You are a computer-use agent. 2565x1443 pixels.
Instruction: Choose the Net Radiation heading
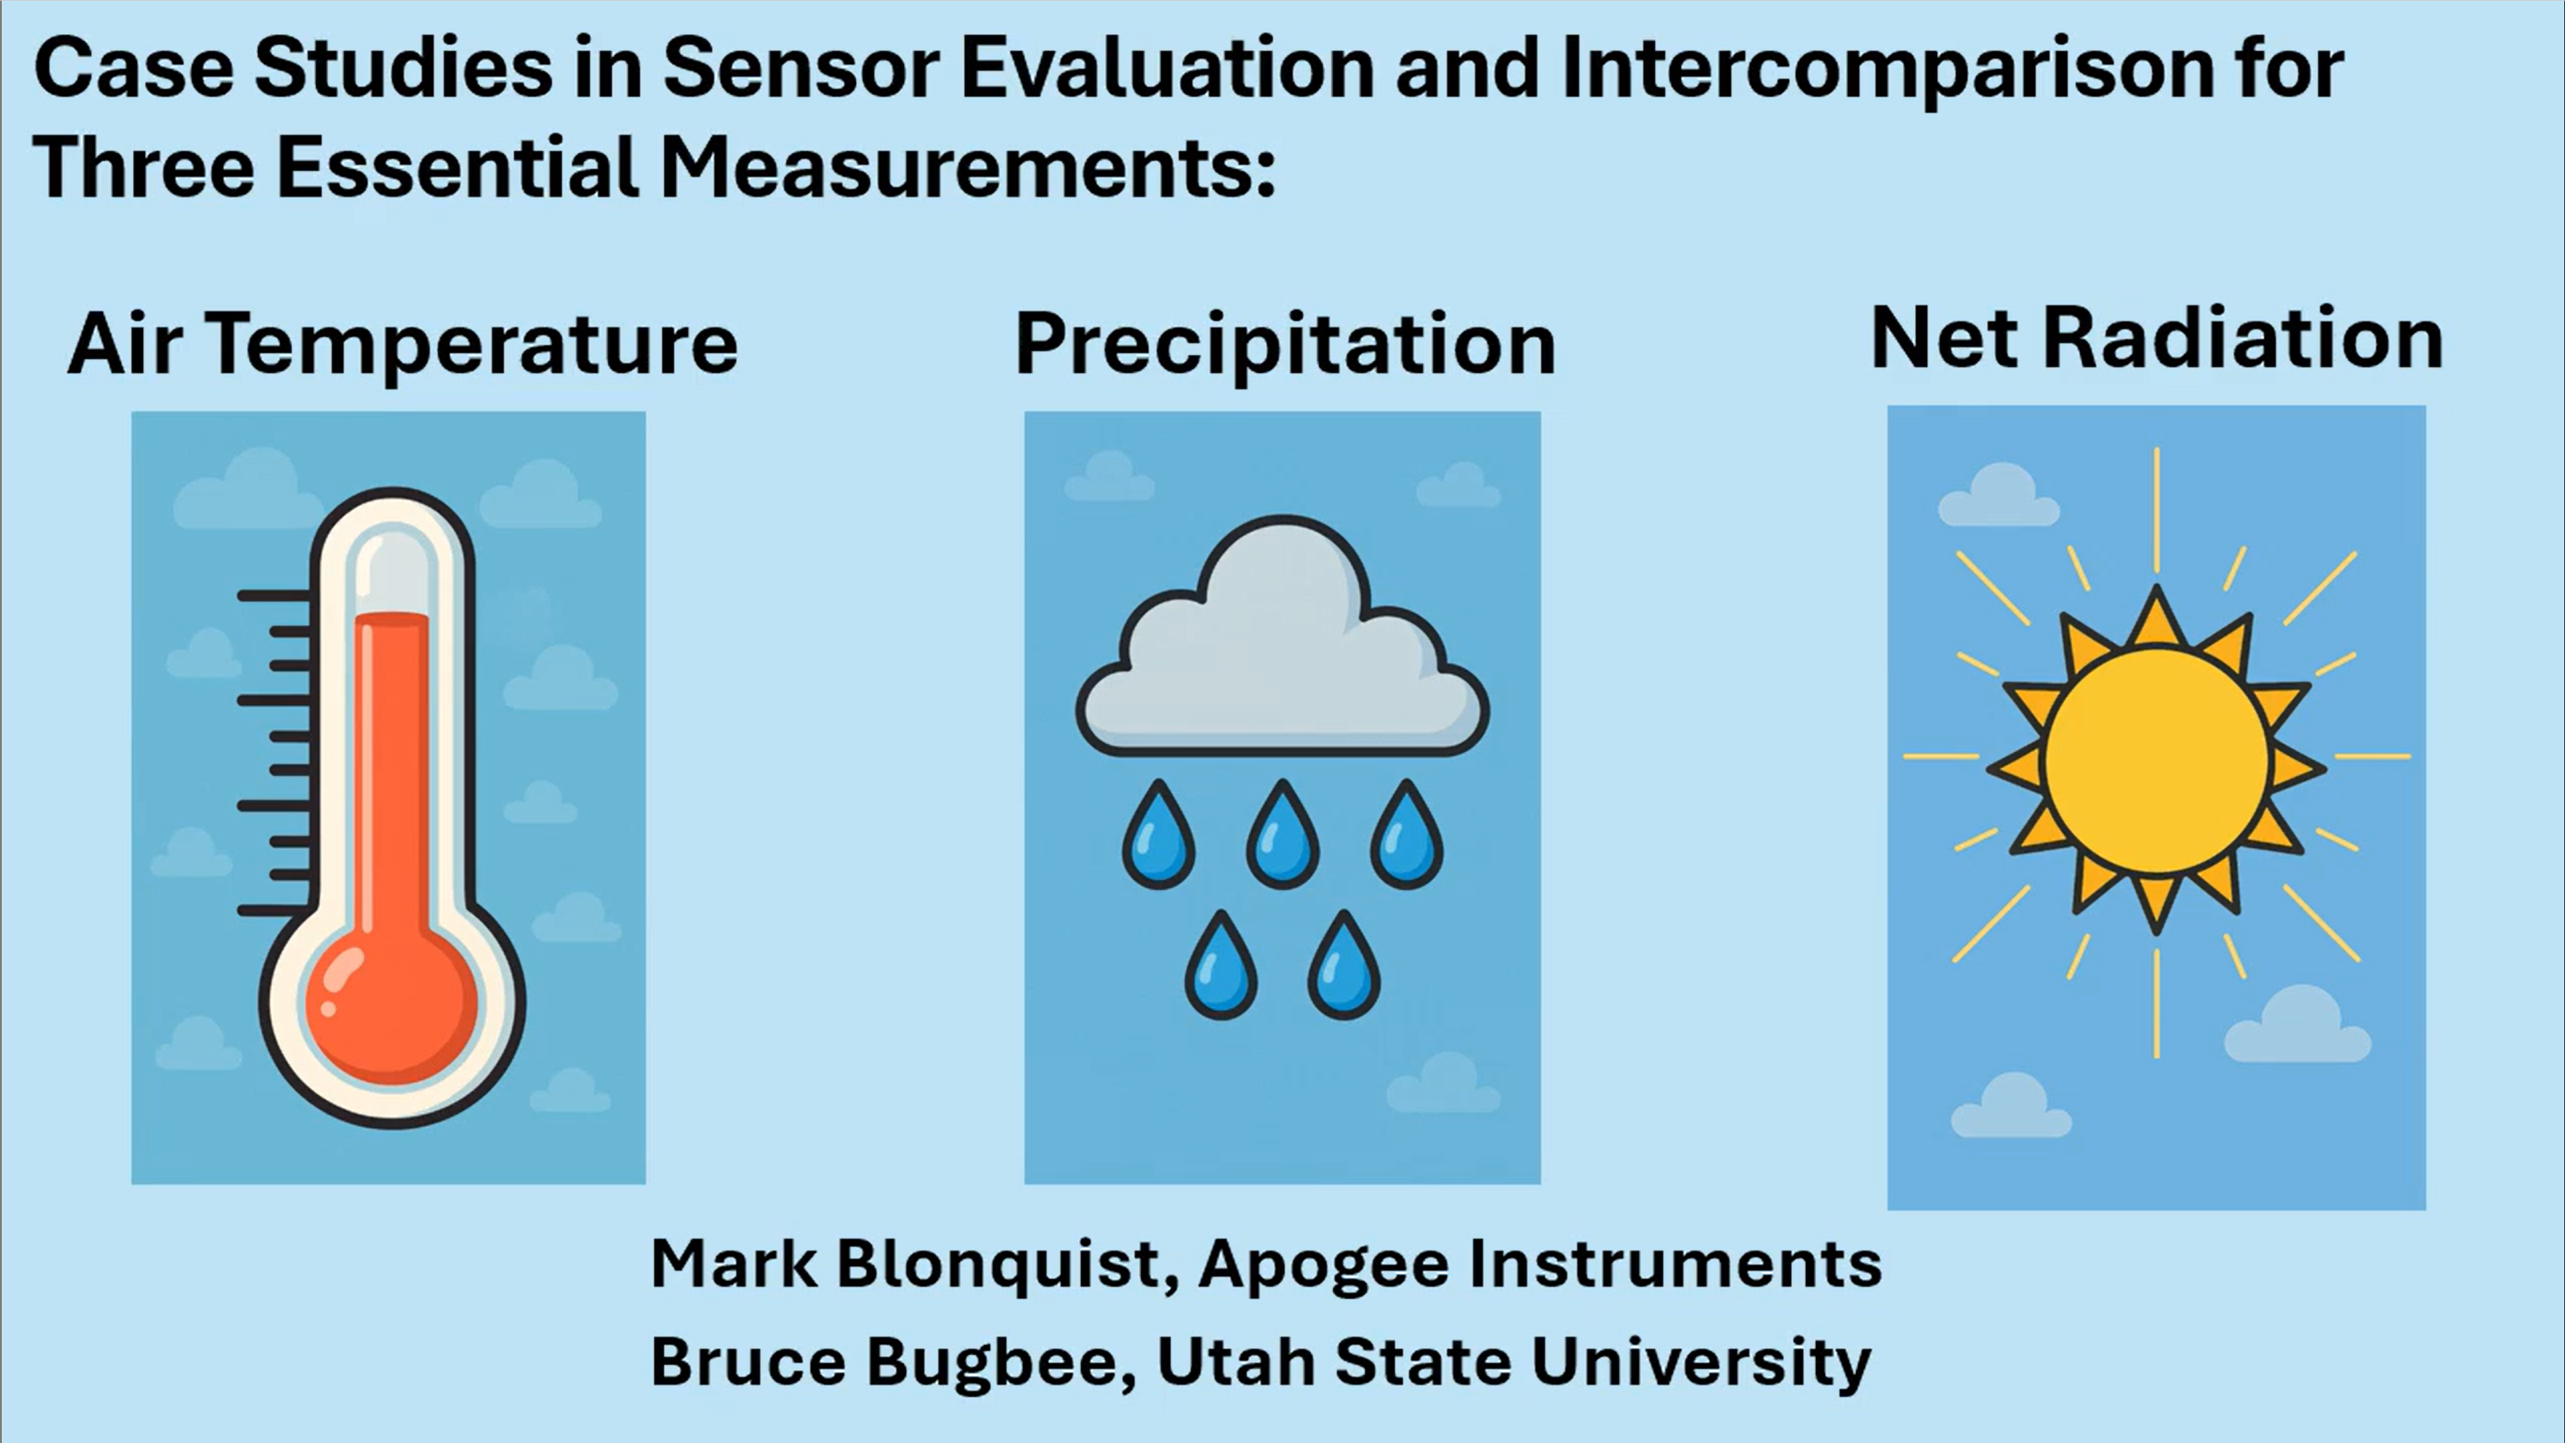[x=2157, y=339]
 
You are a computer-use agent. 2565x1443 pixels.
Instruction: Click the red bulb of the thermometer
[x=392, y=1007]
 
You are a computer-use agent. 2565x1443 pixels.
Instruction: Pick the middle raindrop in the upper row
[x=1283, y=835]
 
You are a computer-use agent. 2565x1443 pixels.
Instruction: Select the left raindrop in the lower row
[x=1221, y=965]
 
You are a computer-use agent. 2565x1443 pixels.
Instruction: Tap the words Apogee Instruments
[x=1540, y=1265]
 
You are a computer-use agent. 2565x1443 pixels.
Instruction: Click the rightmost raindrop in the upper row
[x=1406, y=835]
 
